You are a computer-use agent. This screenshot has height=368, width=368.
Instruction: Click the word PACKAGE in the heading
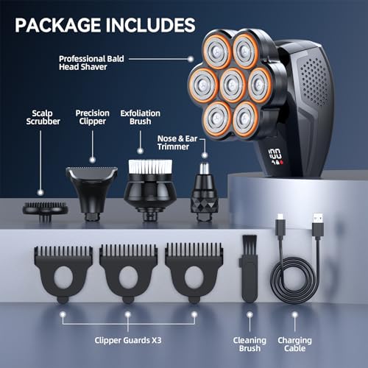click(57, 25)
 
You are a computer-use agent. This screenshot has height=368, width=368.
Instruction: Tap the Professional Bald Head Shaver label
click(91, 63)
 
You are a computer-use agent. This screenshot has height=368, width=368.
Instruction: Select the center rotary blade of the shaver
click(232, 85)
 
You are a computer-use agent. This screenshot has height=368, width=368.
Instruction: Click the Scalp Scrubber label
click(43, 117)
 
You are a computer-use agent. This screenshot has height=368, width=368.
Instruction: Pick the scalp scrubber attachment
click(45, 210)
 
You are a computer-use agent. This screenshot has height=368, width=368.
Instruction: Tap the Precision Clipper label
click(93, 117)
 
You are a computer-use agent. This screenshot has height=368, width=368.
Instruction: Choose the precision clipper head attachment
click(92, 192)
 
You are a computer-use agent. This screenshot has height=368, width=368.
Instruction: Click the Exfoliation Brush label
click(141, 117)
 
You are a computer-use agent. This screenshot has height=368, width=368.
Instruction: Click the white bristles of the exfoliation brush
click(150, 167)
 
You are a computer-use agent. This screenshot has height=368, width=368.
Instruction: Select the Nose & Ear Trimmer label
click(177, 143)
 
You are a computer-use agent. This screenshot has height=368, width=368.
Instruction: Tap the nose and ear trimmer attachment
click(205, 191)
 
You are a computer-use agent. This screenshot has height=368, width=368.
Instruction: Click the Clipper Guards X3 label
click(128, 340)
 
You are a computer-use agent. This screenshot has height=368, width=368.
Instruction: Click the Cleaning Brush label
click(250, 344)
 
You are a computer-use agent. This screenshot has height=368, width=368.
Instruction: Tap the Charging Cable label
click(294, 344)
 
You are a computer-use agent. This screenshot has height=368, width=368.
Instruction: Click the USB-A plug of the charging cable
click(318, 226)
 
